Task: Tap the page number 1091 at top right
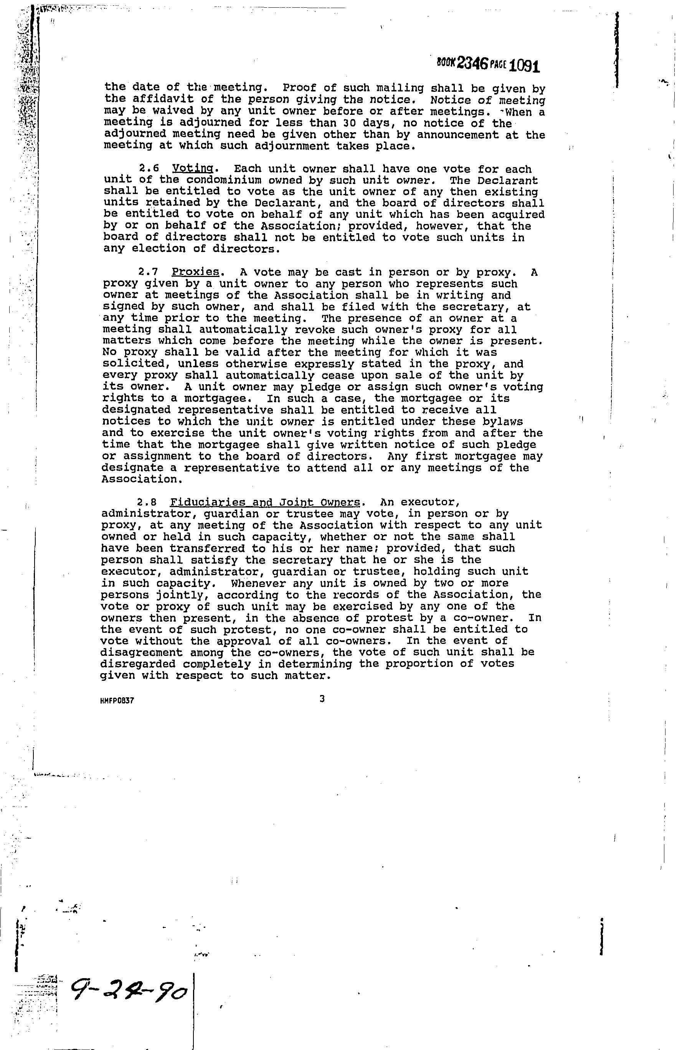tap(524, 66)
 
